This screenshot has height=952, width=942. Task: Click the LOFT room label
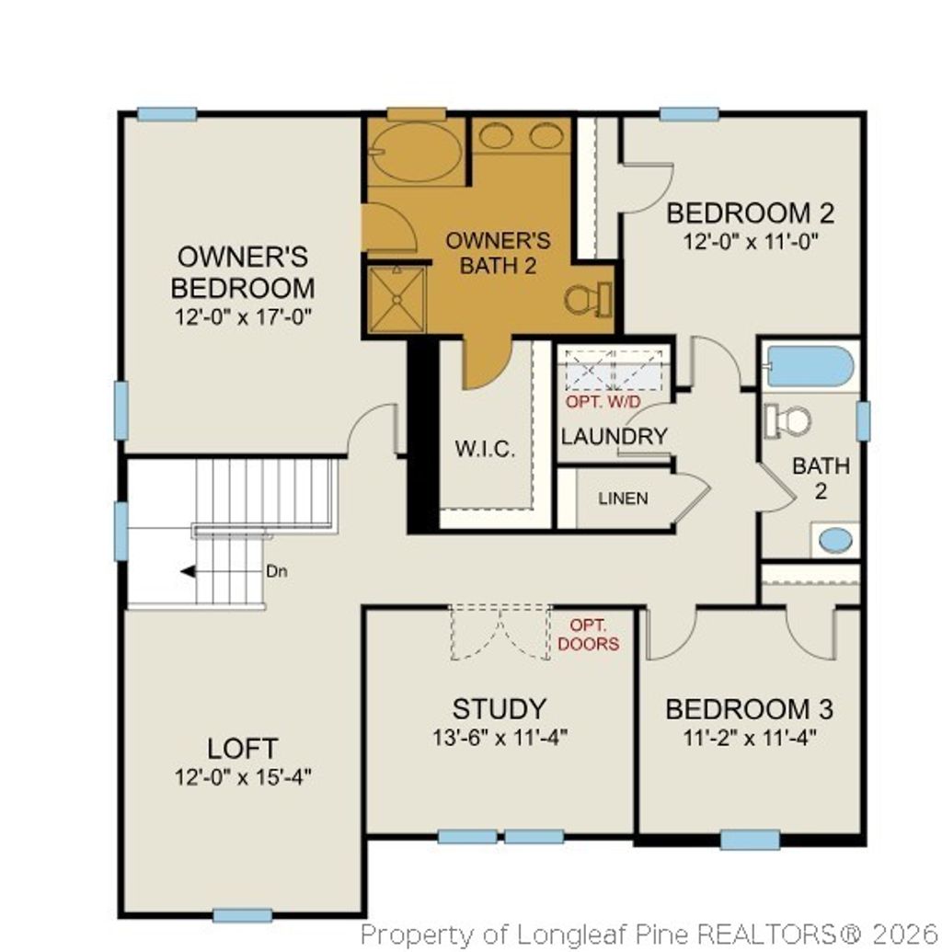(x=243, y=748)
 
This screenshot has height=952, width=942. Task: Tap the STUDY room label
(x=500, y=709)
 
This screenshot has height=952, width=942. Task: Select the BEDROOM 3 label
(x=749, y=710)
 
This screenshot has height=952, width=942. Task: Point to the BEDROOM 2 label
(x=750, y=213)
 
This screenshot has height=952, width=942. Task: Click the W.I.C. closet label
(x=485, y=450)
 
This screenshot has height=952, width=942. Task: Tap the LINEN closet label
(x=623, y=499)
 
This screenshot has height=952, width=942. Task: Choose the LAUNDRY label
(x=614, y=436)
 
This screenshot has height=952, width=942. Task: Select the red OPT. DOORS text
(x=588, y=636)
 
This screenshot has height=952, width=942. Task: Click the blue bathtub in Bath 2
(x=810, y=367)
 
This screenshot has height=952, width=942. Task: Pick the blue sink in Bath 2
(x=835, y=540)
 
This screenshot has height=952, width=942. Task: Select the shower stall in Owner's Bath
(x=396, y=298)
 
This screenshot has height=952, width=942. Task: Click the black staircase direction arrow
(x=188, y=571)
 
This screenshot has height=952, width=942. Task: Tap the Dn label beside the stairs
(x=277, y=571)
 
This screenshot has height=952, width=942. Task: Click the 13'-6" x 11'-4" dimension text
(x=500, y=738)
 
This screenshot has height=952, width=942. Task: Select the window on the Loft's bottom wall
(x=242, y=915)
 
